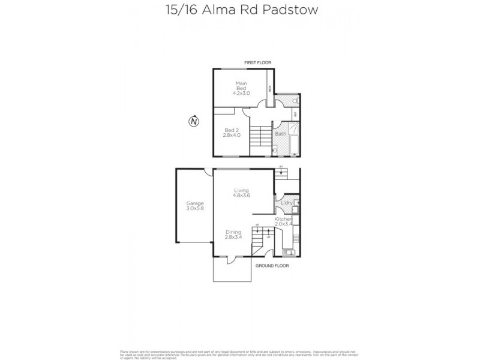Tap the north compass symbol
pyautogui.click(x=193, y=122)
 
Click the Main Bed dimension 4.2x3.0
pyautogui.click(x=241, y=94)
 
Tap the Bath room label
pyautogui.click(x=280, y=134)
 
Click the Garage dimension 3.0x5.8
pyautogui.click(x=195, y=209)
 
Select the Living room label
pyautogui.click(x=241, y=190)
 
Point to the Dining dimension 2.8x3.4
pyautogui.click(x=233, y=238)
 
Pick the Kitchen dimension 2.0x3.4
pyautogui.click(x=284, y=226)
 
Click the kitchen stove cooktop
pyautogui.click(x=296, y=239)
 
